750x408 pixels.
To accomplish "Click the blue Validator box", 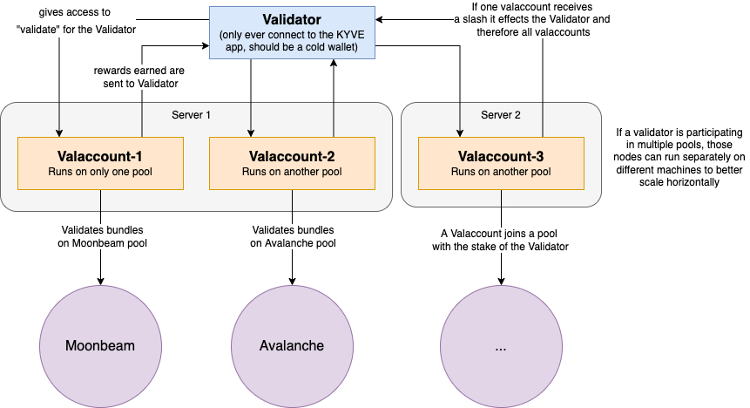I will (x=292, y=32).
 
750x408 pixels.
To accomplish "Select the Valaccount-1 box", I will (x=100, y=163).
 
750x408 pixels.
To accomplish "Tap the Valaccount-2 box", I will (x=292, y=163).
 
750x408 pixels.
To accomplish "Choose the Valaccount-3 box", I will (x=501, y=163).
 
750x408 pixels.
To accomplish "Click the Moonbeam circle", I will (x=100, y=344).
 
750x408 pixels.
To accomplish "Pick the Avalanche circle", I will (x=292, y=344).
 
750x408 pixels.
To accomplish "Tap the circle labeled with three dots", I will (x=501, y=344).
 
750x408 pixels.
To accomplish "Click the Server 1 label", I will (x=191, y=115).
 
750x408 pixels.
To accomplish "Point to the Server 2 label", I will (x=501, y=115).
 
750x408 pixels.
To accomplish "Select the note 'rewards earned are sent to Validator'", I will (x=142, y=76).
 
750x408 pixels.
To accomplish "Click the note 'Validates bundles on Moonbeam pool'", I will (x=101, y=236).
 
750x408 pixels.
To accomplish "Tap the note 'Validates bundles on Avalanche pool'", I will (x=293, y=236).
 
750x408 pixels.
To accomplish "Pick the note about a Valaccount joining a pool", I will (x=500, y=240).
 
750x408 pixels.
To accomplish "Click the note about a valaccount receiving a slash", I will (x=534, y=20).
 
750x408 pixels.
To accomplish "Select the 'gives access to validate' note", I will (x=75, y=21).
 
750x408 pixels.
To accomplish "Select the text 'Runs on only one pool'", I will (x=100, y=172).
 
